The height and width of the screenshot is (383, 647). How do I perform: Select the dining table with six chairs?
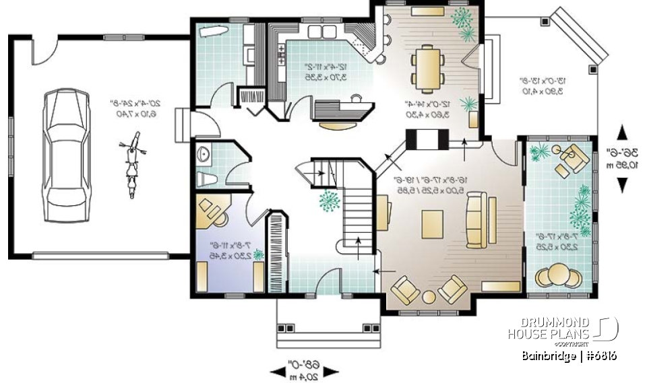(x=428, y=67)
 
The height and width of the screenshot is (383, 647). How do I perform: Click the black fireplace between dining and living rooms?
(x=427, y=140)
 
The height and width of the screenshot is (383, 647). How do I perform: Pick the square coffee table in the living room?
(x=433, y=223)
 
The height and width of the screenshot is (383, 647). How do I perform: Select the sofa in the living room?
(x=476, y=219)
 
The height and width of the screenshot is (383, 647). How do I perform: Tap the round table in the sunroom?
(x=557, y=275)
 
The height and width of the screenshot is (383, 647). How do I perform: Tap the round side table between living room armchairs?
(x=429, y=297)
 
